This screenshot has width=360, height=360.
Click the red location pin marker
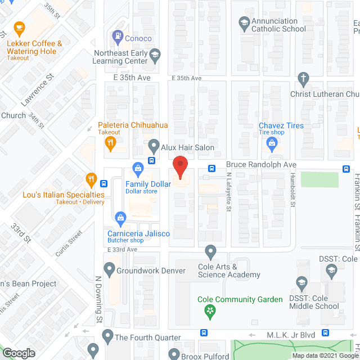point(179,167)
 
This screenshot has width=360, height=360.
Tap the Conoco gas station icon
point(118,38)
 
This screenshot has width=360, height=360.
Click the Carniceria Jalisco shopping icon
point(120,218)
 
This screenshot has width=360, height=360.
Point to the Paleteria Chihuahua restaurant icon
point(110,143)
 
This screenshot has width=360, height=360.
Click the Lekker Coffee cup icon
point(19,27)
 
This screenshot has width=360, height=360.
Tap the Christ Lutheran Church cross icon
point(304,78)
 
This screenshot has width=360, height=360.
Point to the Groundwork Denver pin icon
point(108,270)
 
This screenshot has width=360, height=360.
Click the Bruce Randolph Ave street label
point(261,165)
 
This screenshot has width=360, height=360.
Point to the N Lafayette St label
point(229,192)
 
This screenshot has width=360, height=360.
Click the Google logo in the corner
point(19,353)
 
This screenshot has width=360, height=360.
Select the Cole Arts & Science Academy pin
point(211,251)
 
